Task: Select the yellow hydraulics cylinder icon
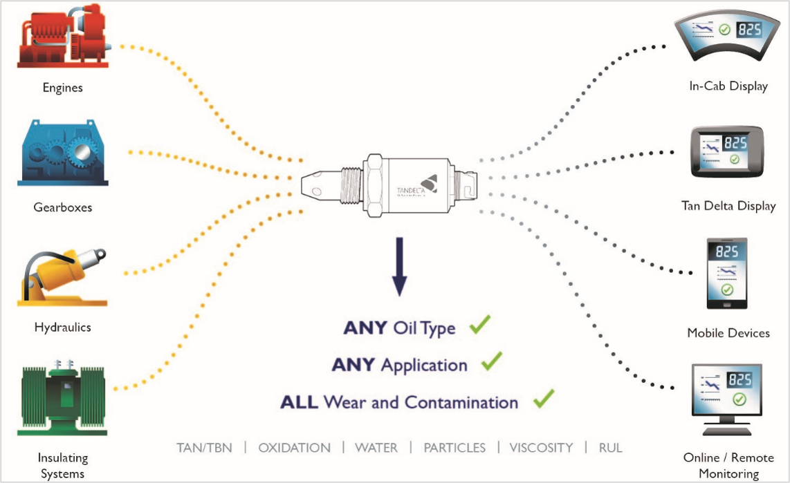tap(62, 277)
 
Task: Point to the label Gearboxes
tap(62, 207)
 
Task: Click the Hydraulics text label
tap(62, 327)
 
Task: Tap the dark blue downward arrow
tap(400, 267)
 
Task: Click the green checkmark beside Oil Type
tap(479, 325)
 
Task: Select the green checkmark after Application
tap(490, 361)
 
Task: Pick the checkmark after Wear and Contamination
tap(543, 399)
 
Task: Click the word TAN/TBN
tap(204, 448)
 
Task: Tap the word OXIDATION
tap(294, 448)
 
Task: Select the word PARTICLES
tap(454, 448)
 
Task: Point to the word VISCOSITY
tap(541, 448)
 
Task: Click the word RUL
tap(611, 448)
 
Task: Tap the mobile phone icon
tap(726, 273)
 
